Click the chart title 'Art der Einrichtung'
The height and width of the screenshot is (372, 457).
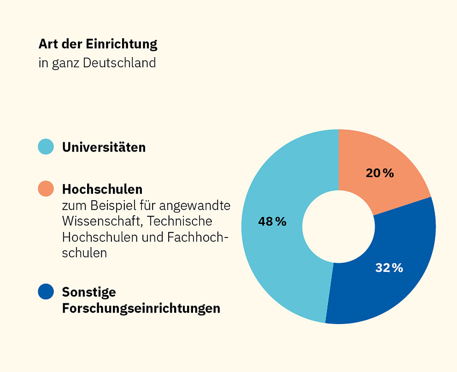click(x=98, y=44)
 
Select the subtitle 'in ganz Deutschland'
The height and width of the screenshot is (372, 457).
click(x=97, y=63)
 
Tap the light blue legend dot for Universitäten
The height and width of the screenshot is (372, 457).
click(x=46, y=147)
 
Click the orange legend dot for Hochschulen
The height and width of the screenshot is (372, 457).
click(x=46, y=189)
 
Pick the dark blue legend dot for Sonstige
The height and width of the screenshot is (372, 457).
click(x=46, y=291)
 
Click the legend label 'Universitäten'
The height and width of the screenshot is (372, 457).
click(x=104, y=147)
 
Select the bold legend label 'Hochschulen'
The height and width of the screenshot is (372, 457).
click(x=102, y=189)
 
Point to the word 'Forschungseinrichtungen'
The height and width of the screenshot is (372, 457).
click(x=141, y=308)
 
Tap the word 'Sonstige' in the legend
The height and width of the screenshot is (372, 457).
click(x=89, y=292)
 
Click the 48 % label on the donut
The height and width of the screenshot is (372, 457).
click(x=272, y=222)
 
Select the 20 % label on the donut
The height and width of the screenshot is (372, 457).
click(x=380, y=173)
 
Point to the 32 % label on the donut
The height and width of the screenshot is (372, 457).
click(x=389, y=268)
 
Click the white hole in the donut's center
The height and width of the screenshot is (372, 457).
click(x=339, y=226)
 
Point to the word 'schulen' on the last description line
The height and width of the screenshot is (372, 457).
click(x=84, y=253)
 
